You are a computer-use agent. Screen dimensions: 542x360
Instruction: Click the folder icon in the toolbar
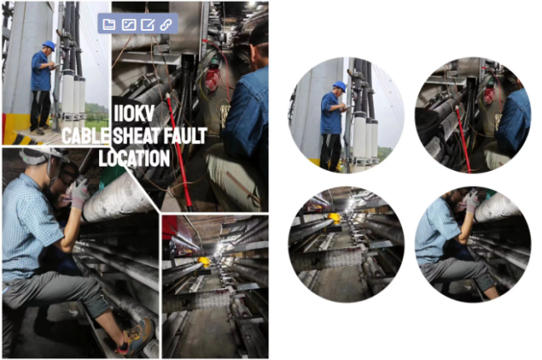pyautogui.click(x=109, y=24)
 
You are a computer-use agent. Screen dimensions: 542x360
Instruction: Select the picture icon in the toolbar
pyautogui.click(x=129, y=24)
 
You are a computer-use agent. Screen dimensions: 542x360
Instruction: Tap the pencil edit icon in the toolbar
pyautogui.click(x=148, y=24)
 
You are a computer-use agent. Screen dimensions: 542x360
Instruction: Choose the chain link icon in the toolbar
pyautogui.click(x=166, y=24)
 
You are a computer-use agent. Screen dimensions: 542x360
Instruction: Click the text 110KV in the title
pyautogui.click(x=133, y=112)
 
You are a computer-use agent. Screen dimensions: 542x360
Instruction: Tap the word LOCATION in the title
pyautogui.click(x=134, y=158)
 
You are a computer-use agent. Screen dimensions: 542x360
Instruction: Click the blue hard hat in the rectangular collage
pyautogui.click(x=49, y=45)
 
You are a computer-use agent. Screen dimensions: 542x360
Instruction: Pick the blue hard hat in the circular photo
pyautogui.click(x=339, y=86)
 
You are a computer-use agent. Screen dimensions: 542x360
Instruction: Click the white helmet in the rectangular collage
pyautogui.click(x=42, y=155)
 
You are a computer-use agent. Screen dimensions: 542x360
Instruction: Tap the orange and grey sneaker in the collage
pyautogui.click(x=137, y=337)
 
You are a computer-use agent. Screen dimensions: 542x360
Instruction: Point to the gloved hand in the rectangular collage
pyautogui.click(x=80, y=192)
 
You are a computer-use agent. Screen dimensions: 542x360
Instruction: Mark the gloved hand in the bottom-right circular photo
pyautogui.click(x=472, y=202)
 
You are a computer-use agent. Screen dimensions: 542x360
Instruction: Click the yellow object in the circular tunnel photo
pyautogui.click(x=334, y=218)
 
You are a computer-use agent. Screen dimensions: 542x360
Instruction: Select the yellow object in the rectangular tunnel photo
pyautogui.click(x=204, y=261)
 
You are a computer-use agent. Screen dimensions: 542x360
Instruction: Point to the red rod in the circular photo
pyautogui.click(x=463, y=139)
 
